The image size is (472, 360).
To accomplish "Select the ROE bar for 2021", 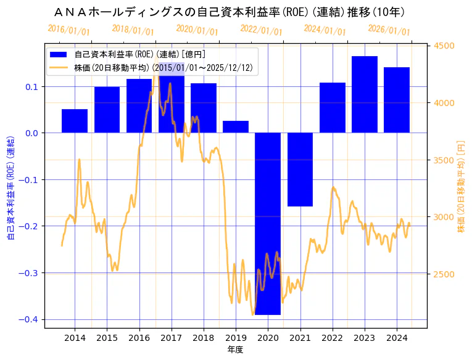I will point(300,170).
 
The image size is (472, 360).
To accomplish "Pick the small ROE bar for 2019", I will point(236,126).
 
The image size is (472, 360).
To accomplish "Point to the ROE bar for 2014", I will point(75,121).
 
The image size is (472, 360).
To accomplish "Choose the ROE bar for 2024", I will point(397,100).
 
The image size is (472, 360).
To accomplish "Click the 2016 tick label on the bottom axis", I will point(139,338).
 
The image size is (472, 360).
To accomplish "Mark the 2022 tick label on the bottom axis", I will point(332,338).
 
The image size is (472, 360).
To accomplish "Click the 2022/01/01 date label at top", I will point(261,30).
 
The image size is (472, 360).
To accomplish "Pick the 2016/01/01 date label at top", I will point(68,30).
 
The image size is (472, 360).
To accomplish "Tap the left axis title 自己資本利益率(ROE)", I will point(10,186).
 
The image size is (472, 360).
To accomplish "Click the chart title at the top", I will point(234,12).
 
